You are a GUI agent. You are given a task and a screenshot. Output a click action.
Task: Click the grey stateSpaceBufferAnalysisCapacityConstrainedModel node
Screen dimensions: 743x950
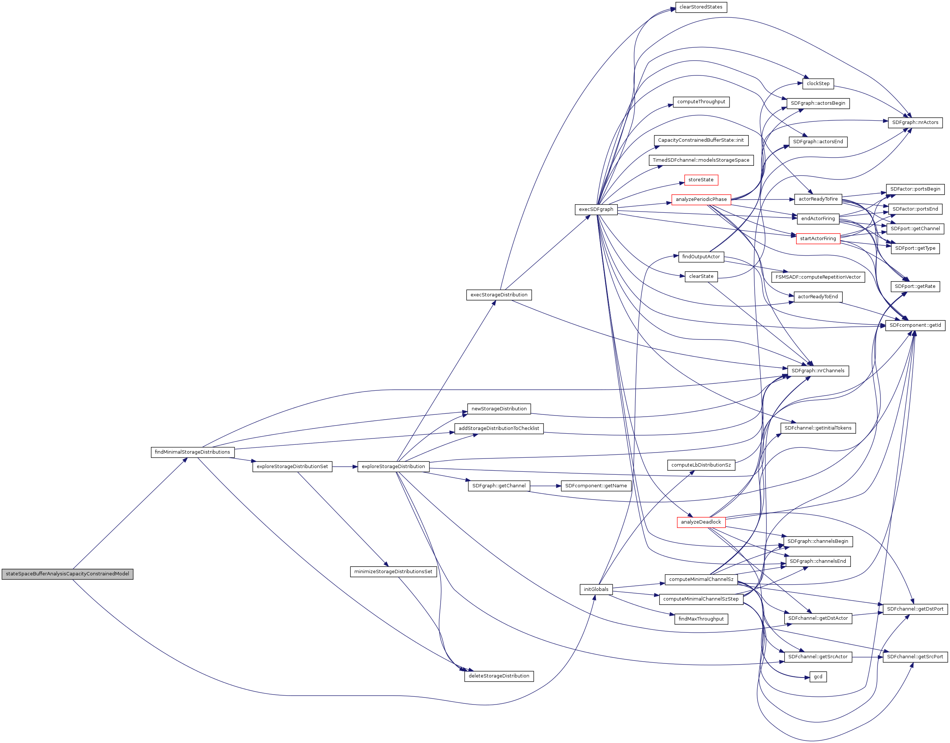(x=67, y=574)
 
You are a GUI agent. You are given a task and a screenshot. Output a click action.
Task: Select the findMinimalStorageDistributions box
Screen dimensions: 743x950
(x=192, y=452)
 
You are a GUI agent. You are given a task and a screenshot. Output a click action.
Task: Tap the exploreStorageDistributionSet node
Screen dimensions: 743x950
(x=292, y=466)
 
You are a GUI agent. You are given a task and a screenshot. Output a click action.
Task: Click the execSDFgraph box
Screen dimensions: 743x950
(x=596, y=209)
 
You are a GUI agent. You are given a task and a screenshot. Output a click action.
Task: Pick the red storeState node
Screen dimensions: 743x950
(x=701, y=180)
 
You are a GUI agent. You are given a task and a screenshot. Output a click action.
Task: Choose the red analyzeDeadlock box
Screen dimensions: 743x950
(x=701, y=522)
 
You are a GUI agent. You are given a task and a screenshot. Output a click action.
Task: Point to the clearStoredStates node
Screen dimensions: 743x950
(x=701, y=7)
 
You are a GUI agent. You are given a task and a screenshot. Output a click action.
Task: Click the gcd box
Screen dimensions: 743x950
(x=818, y=676)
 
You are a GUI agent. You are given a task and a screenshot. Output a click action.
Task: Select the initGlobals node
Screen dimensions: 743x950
(x=596, y=589)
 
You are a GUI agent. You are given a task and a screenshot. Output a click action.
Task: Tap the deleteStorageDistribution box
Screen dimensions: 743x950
(x=499, y=676)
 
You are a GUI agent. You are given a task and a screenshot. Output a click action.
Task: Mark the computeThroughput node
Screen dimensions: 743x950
(x=701, y=102)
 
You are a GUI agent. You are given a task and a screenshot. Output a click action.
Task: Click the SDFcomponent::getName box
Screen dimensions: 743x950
(x=596, y=485)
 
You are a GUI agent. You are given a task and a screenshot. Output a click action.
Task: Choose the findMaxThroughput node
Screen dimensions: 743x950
(x=701, y=619)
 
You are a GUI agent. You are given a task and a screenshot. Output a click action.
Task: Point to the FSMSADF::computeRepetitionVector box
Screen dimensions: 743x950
(x=818, y=277)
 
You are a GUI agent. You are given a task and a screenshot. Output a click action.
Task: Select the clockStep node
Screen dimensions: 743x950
(x=818, y=84)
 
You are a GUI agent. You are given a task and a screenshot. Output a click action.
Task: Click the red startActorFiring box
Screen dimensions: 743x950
(x=818, y=238)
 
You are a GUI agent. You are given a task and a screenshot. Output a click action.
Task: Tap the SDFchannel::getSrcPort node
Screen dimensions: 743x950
(x=915, y=656)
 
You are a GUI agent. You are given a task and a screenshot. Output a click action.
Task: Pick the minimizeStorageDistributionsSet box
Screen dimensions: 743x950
(x=393, y=571)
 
